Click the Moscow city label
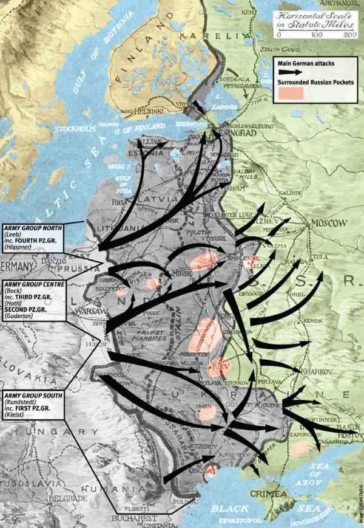click(329, 222)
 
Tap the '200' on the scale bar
click(348, 35)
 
